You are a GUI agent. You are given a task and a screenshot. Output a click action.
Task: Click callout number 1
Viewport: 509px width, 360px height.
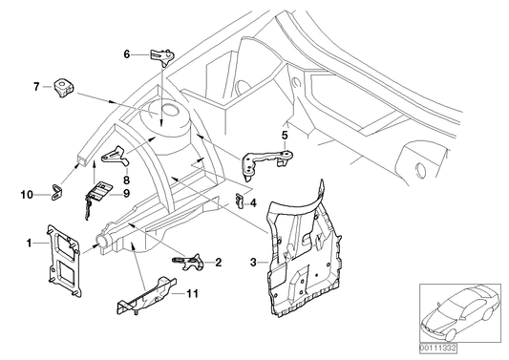coord(30,243)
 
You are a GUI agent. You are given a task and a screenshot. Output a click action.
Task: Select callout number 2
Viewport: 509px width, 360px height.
coord(219,262)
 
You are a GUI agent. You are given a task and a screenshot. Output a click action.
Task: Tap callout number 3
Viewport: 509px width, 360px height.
coord(251,262)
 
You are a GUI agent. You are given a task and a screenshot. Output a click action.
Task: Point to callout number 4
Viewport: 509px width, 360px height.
coord(253,202)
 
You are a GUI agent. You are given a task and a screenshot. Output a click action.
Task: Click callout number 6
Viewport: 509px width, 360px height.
coord(126,54)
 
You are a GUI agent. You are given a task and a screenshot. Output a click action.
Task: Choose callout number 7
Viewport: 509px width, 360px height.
coord(36,87)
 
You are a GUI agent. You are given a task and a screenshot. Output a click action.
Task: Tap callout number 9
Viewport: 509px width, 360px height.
coord(125,192)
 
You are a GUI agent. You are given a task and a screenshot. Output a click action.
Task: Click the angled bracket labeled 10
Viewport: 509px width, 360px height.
coord(55,195)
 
